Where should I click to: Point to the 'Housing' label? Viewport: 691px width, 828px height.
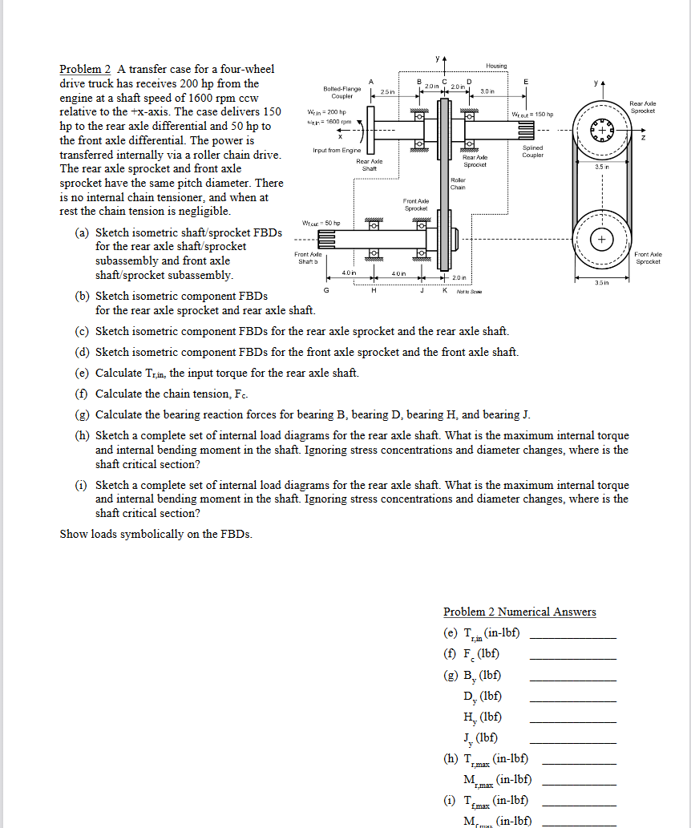point(496,66)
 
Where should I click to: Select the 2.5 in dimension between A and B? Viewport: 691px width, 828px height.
point(387,91)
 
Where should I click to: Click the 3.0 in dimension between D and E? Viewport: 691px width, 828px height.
point(487,91)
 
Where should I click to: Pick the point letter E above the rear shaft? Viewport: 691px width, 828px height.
point(526,80)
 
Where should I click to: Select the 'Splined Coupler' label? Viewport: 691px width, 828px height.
point(532,151)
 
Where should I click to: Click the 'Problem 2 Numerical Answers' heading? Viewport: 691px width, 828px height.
point(519,612)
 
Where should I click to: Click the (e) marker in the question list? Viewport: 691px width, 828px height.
point(81,373)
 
